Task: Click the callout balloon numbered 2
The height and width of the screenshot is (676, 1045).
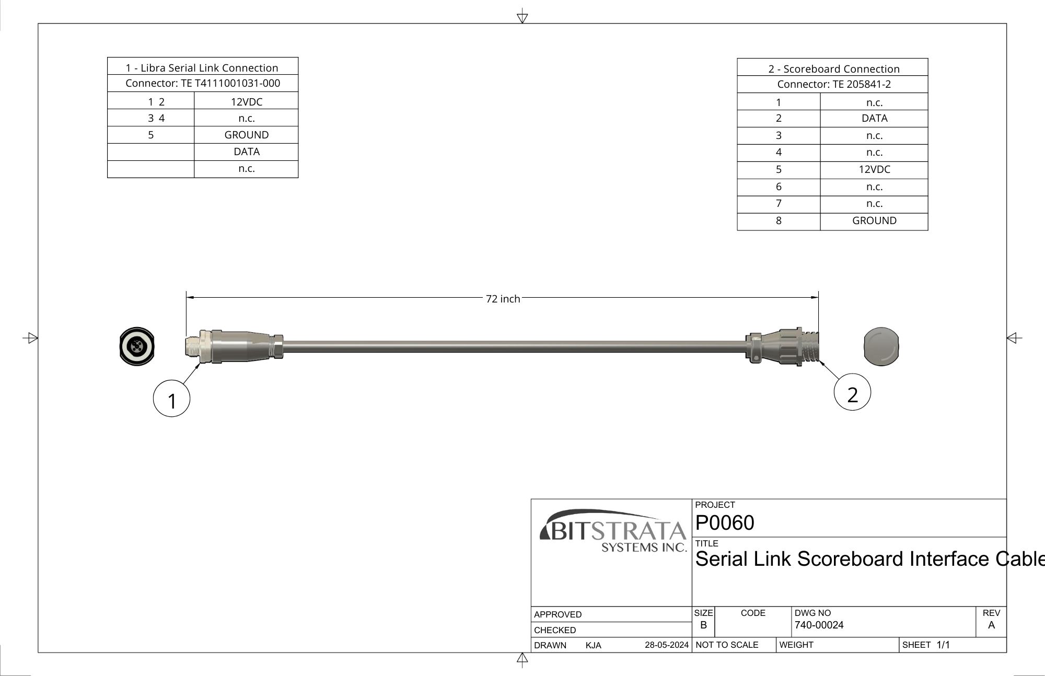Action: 852,392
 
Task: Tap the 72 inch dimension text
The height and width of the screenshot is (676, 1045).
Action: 503,299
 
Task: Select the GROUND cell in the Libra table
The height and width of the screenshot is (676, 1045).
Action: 246,135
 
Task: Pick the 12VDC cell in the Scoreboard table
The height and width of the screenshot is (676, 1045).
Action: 874,169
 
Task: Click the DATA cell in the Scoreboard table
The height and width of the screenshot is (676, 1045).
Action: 874,118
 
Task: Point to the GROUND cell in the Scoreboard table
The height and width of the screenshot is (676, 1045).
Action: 874,220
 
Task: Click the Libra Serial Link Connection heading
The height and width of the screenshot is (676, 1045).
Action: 202,68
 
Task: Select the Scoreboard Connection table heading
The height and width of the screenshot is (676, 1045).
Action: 834,69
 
